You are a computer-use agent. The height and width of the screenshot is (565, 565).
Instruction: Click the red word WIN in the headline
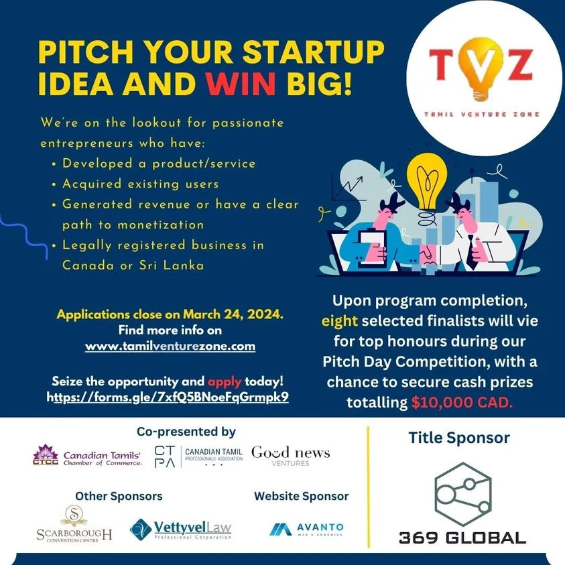pos(241,84)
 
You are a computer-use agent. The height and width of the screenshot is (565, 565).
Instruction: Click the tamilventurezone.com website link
pos(170,347)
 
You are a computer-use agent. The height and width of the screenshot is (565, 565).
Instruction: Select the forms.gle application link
pos(168,397)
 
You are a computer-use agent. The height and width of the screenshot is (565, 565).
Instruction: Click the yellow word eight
pos(339,320)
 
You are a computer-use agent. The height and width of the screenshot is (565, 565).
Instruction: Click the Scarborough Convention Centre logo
pos(74,523)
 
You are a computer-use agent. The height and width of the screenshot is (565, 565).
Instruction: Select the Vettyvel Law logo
pos(180,529)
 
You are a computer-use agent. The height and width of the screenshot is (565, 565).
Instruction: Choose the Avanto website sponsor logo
pos(307,529)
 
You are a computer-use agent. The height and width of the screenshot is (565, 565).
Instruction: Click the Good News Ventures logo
pos(290,456)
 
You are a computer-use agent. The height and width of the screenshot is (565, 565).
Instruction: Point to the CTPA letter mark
pos(165,456)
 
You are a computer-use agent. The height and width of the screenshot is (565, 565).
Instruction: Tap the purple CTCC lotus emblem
pos(46,453)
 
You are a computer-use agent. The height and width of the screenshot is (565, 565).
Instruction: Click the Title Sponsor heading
pos(459,438)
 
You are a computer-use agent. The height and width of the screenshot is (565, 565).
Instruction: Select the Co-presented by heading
pos(186,432)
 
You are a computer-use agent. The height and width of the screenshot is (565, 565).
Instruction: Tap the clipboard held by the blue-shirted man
pos(373,249)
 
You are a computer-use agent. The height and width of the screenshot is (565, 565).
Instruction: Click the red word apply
pos(225,381)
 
